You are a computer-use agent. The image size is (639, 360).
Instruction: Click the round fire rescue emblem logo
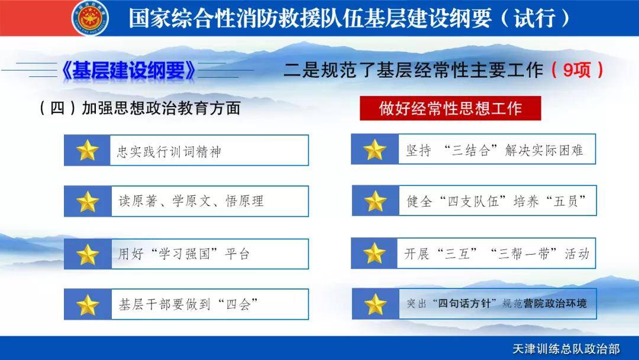[90, 18]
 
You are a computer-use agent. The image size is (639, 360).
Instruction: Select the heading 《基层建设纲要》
[128, 70]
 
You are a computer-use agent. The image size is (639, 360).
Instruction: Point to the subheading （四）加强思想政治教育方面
[139, 108]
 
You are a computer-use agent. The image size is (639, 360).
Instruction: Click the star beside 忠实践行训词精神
[88, 150]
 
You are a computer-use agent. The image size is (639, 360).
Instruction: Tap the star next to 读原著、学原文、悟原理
[88, 201]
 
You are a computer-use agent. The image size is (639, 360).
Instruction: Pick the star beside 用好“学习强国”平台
[88, 254]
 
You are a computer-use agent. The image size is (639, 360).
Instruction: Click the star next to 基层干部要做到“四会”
[88, 305]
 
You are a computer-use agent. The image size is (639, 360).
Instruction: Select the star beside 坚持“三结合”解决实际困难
[375, 149]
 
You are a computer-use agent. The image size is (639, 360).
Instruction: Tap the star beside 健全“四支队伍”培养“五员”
[375, 201]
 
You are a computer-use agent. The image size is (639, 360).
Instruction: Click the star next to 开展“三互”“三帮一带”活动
[375, 253]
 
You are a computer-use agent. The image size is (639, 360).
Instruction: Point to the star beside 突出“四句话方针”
[375, 304]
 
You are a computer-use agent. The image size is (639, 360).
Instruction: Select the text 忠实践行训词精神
[169, 151]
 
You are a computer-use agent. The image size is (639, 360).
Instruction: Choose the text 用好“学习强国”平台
[184, 254]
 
